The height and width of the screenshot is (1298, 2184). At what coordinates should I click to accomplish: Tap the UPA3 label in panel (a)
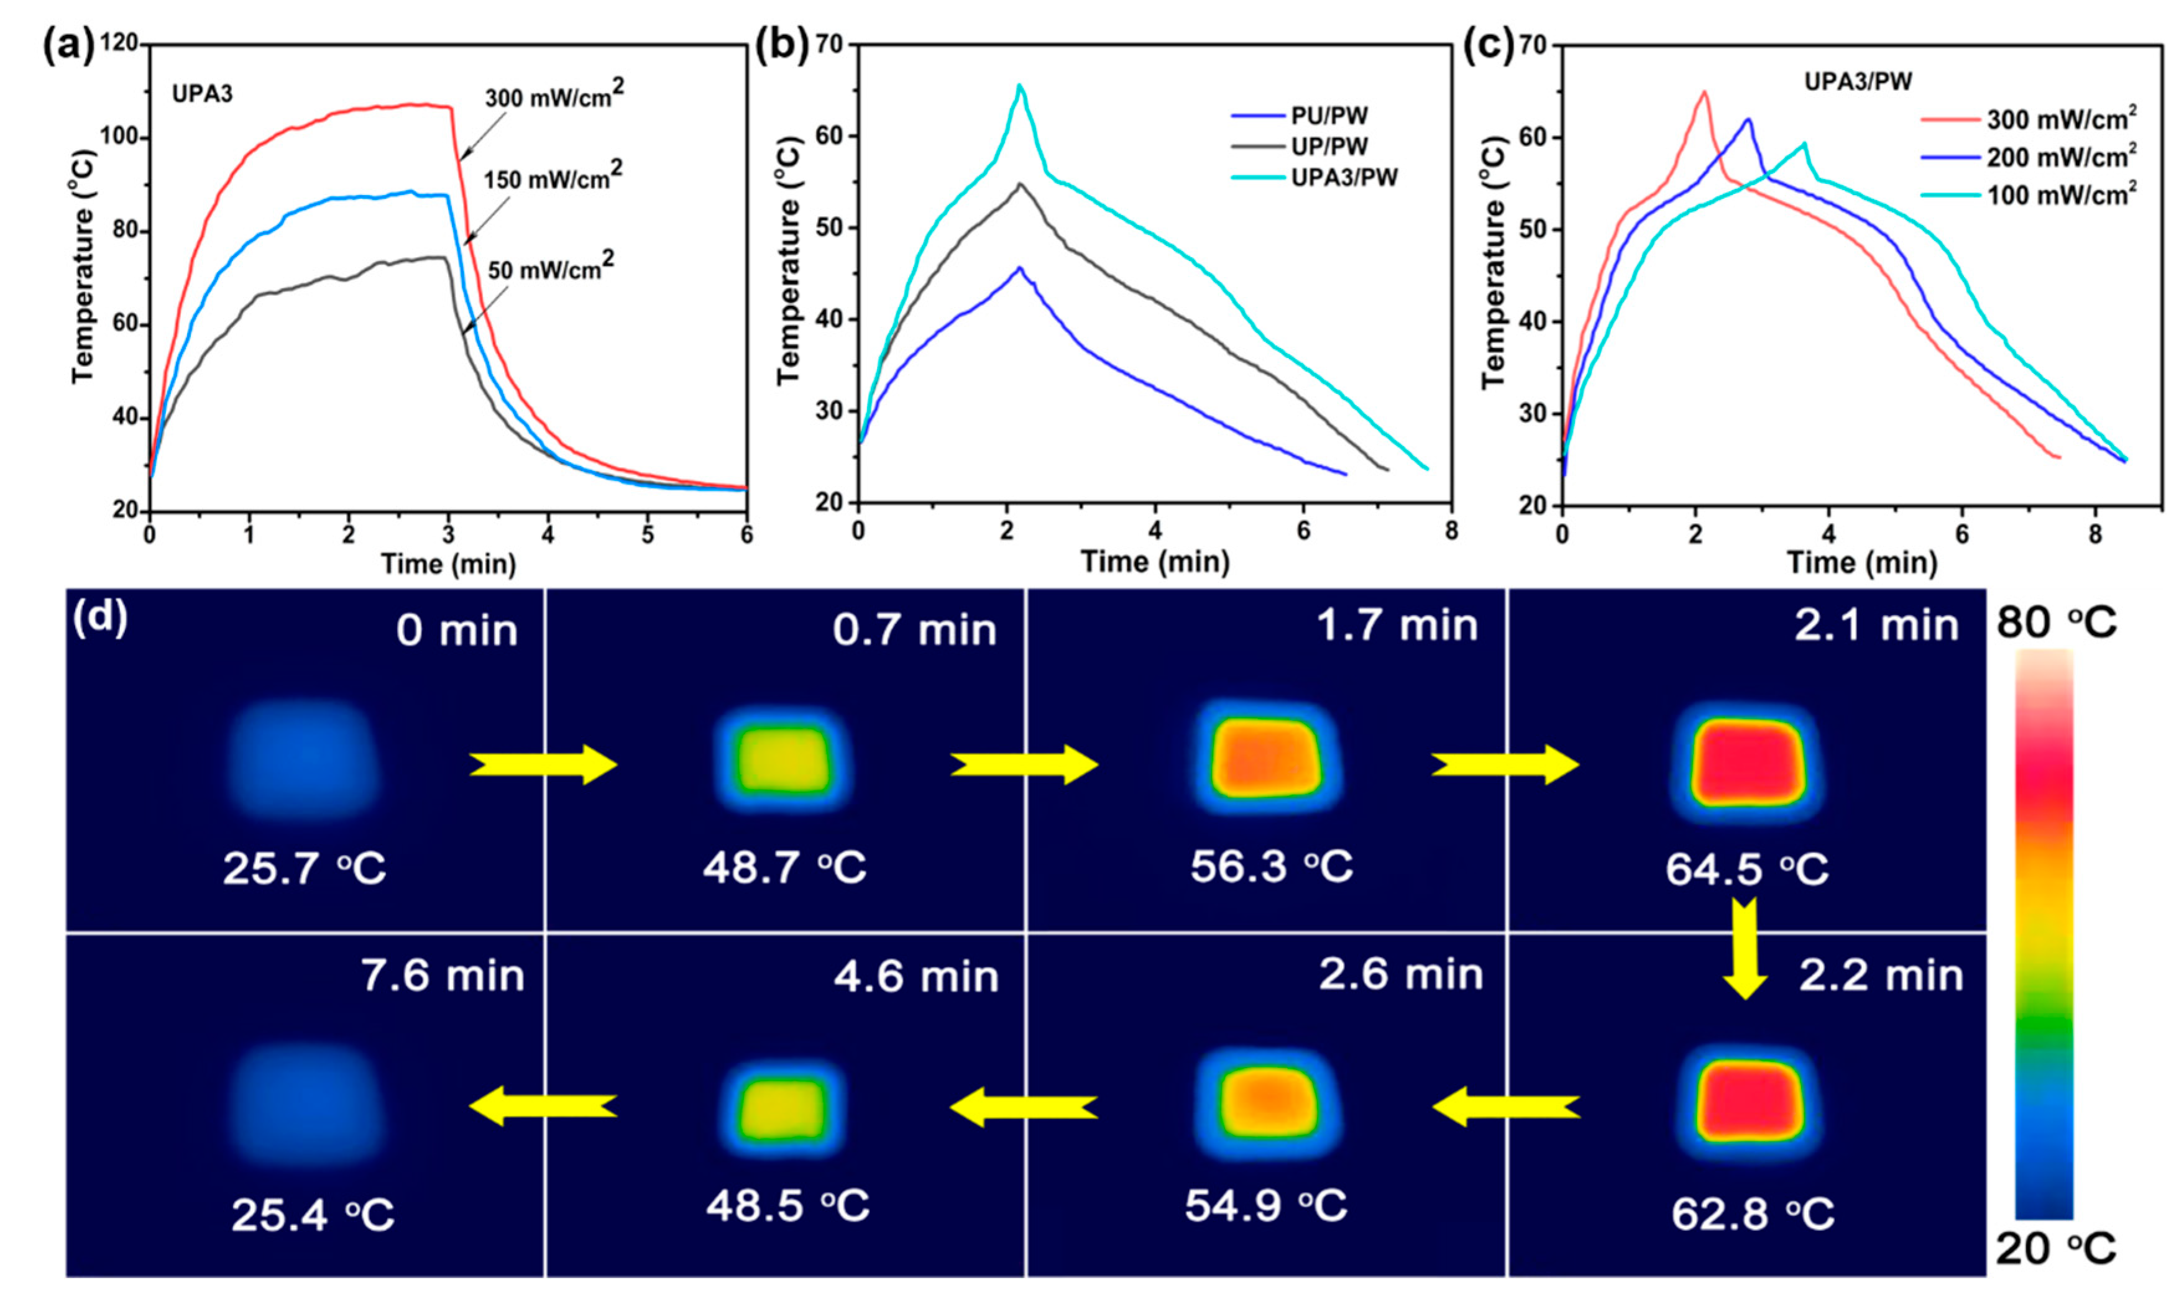(x=202, y=94)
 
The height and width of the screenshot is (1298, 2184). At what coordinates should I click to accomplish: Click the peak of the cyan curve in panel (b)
(x=1019, y=85)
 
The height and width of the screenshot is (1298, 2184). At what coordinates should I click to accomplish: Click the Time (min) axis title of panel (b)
(x=1155, y=562)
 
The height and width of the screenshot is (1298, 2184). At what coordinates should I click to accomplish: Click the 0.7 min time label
(x=914, y=630)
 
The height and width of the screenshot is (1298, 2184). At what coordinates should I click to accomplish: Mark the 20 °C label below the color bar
(x=2055, y=1249)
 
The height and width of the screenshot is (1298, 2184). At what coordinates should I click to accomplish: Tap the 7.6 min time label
(x=443, y=976)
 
